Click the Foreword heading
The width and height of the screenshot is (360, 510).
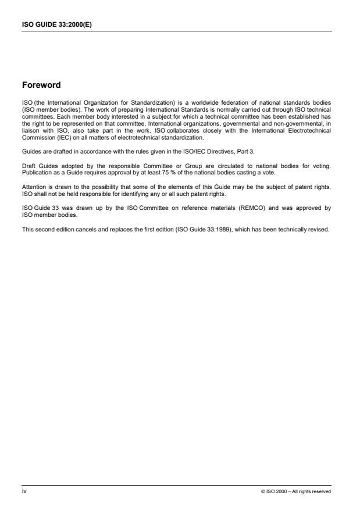coord(41,85)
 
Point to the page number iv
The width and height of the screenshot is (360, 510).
coord(24,491)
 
